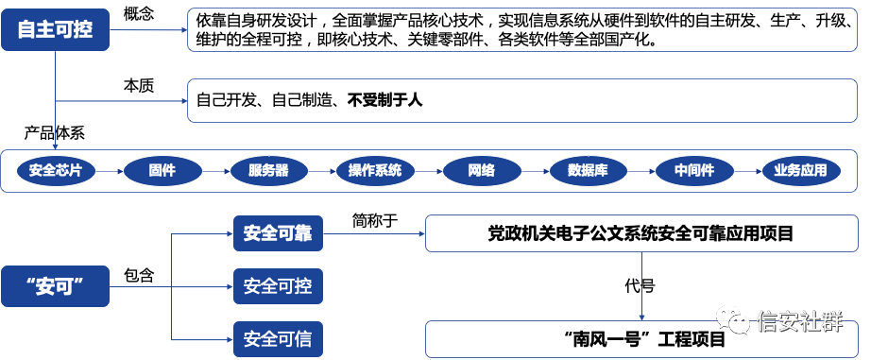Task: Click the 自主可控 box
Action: click(55, 29)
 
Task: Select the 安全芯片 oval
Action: click(56, 171)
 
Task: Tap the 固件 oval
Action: click(162, 171)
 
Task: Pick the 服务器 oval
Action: click(268, 171)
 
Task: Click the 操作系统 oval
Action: click(375, 171)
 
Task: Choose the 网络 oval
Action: click(481, 171)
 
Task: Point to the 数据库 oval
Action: click(588, 171)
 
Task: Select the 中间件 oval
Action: click(694, 171)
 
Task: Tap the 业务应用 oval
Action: click(800, 171)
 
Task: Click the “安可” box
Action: click(55, 286)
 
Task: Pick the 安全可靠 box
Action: click(278, 233)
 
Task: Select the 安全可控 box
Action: click(278, 286)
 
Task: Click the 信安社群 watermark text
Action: click(799, 321)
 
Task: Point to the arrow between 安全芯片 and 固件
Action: click(109, 171)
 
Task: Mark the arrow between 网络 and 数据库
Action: click(535, 171)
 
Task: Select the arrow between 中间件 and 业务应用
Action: click(747, 171)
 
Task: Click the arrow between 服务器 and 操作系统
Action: click(321, 171)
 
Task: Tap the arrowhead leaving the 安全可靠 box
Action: click(420, 233)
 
